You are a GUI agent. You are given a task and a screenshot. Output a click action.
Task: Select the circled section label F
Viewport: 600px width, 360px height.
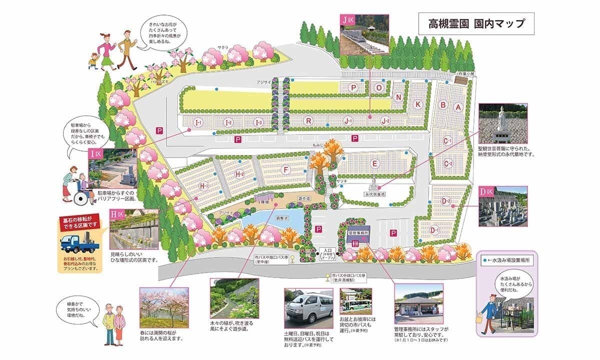click(x=285, y=170)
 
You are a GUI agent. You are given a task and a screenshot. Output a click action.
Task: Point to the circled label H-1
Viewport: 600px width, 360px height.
click(x=203, y=186)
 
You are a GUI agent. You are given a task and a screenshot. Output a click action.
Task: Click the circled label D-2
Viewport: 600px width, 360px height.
click(x=446, y=201)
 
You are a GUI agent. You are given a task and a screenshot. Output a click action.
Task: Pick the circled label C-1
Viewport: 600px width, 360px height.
click(x=447, y=141)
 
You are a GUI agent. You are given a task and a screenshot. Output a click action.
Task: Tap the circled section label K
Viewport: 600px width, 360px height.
click(x=418, y=104)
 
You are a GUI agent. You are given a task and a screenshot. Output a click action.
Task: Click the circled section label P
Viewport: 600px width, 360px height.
click(x=353, y=87)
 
